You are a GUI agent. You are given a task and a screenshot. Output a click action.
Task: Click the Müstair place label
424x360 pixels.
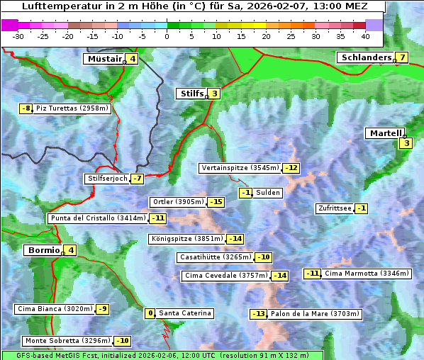104,59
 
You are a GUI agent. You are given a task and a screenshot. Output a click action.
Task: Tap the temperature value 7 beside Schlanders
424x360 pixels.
402,57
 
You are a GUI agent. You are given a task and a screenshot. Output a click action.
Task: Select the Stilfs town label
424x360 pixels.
191,93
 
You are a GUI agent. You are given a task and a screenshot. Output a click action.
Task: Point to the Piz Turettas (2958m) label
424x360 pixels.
72,108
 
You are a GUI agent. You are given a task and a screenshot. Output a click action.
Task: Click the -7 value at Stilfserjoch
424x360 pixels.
138,179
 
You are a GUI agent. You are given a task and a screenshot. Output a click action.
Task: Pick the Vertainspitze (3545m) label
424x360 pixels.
240,168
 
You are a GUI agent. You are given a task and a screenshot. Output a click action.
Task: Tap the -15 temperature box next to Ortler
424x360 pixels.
216,202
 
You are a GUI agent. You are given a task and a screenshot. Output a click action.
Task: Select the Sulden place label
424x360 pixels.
268,193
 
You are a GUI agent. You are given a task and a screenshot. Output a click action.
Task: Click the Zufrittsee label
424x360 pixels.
334,208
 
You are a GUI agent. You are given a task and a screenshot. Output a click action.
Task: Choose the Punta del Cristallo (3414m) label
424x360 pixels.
97,218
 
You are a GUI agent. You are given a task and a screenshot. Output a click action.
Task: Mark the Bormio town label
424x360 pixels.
43,250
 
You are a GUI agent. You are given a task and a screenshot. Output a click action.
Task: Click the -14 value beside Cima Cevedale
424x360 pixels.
280,276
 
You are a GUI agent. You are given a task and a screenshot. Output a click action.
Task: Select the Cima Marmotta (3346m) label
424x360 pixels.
367,274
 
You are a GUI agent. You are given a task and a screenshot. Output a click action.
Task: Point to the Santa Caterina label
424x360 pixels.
184,313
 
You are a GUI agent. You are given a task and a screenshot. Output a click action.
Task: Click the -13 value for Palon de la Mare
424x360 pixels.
259,314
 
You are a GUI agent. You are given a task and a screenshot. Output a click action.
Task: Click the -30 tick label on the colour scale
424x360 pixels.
18,36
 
